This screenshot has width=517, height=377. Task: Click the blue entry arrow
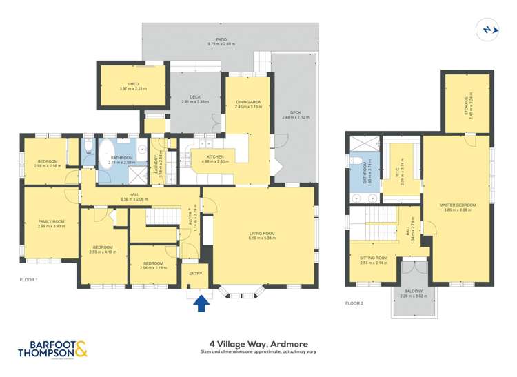click(x=201, y=303)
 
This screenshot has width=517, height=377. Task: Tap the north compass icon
click(x=487, y=30)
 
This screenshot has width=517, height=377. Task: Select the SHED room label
click(x=133, y=85)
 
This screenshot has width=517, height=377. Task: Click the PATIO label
click(x=221, y=40)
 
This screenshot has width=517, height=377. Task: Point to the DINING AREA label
click(x=247, y=102)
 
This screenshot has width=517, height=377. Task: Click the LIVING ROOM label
click(x=262, y=234)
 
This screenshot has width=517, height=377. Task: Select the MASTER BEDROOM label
click(x=458, y=205)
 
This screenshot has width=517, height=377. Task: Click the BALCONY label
click(x=416, y=292)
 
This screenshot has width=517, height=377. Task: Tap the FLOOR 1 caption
click(x=29, y=280)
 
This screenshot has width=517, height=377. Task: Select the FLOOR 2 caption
click(x=355, y=303)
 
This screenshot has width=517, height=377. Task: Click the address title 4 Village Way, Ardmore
click(x=258, y=343)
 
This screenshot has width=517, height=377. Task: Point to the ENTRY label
click(x=196, y=274)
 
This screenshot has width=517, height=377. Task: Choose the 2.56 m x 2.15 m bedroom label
click(x=153, y=265)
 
